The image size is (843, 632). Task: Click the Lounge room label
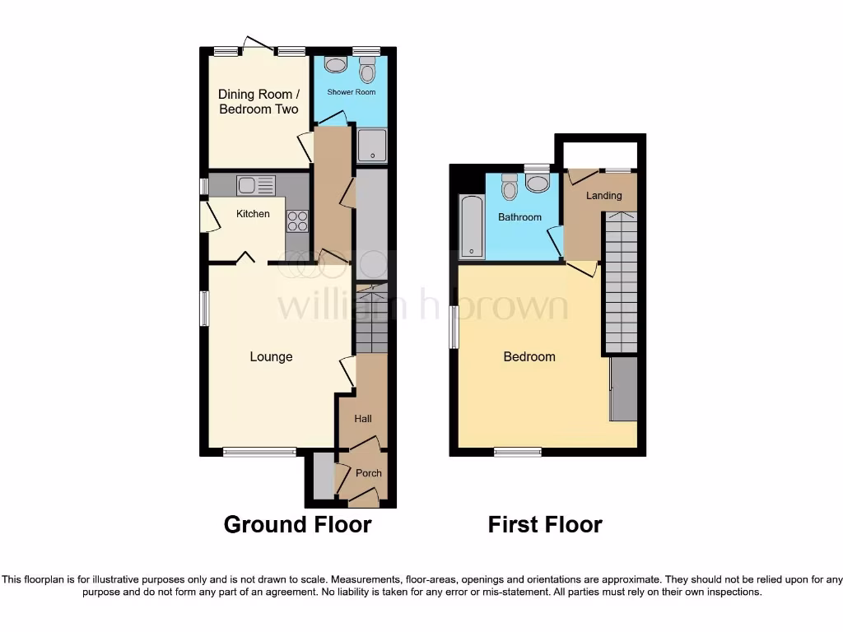point(271,356)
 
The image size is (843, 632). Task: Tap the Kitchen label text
point(253,214)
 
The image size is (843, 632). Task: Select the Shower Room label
point(352,92)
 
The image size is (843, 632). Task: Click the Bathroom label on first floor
point(519,217)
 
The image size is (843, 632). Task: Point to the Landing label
point(603,196)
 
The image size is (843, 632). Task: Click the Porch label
point(368,473)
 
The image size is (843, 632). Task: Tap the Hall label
point(363,419)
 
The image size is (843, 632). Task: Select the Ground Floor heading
point(297,524)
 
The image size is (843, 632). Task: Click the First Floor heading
point(545,524)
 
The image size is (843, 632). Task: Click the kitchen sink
point(255,185)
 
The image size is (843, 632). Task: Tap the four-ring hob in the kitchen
point(297,221)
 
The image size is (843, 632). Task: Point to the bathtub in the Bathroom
point(472,225)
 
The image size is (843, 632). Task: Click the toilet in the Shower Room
point(367,70)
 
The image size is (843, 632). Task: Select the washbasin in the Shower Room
point(336,64)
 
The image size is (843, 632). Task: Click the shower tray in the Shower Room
point(372,146)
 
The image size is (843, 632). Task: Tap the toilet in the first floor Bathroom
point(510,187)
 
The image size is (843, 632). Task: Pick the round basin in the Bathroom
point(538,182)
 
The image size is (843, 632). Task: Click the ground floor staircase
point(371,318)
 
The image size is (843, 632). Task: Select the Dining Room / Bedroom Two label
point(258,101)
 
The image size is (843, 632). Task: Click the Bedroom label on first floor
point(529,356)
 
